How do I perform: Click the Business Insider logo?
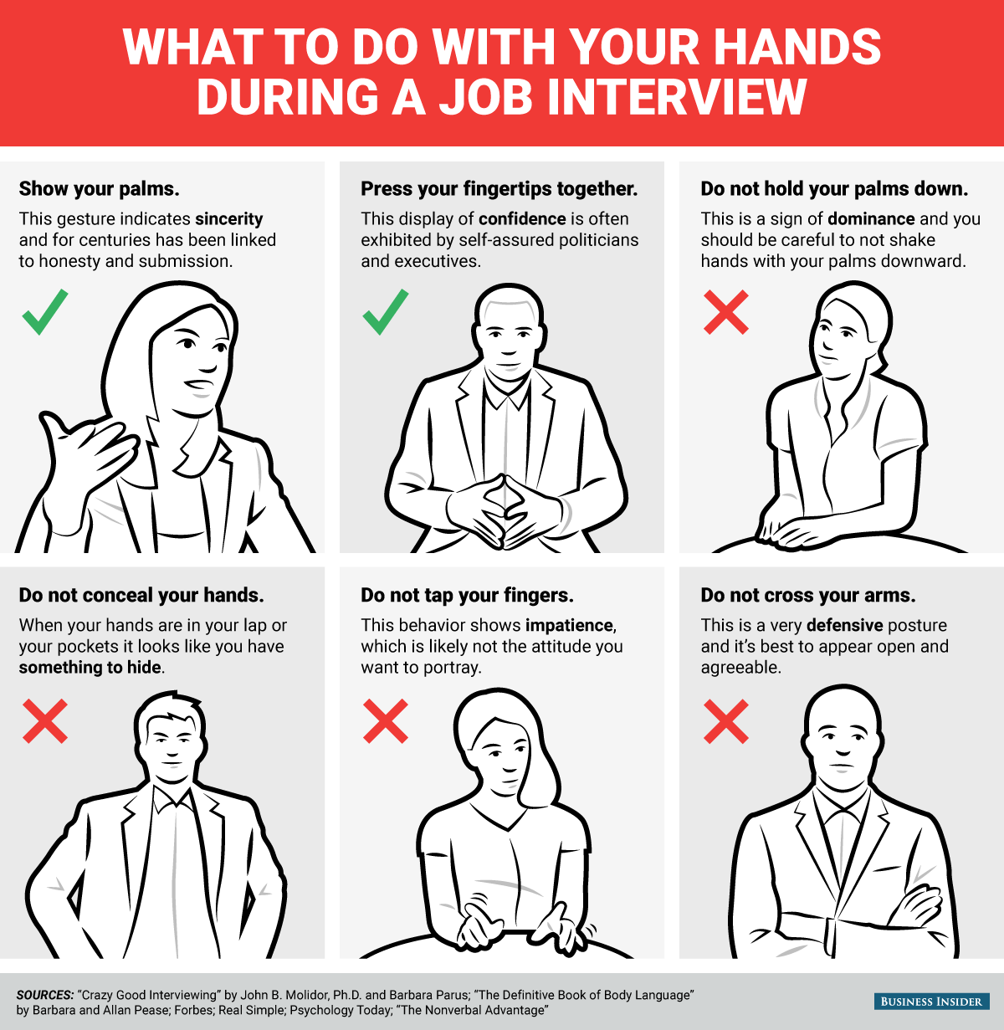click(931, 1001)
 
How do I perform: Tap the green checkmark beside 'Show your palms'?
click(45, 312)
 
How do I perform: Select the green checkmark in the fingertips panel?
click(386, 312)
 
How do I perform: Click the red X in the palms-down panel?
click(726, 312)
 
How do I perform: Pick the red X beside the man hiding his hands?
click(45, 721)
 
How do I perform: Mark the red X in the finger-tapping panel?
click(386, 721)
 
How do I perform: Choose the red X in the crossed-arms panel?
click(726, 721)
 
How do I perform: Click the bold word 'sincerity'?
click(229, 219)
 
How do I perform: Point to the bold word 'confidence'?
click(522, 218)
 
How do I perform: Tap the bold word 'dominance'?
click(871, 218)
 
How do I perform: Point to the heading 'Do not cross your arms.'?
click(808, 595)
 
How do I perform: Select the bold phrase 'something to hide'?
click(90, 668)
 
